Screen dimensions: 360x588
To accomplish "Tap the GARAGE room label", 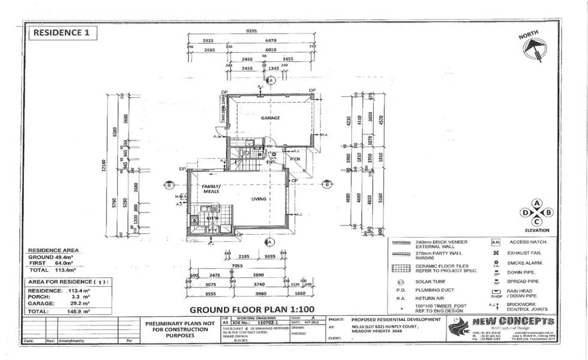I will [x=271, y=118].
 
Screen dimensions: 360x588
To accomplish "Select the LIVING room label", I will [x=259, y=199].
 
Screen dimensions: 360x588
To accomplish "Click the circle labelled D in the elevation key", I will [x=526, y=212].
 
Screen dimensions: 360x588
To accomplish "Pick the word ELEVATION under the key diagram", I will [x=537, y=230].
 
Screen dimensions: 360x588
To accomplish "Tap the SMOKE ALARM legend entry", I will [x=524, y=263].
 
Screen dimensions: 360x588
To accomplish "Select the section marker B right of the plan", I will [x=326, y=184].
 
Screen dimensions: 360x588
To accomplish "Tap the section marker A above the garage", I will [x=271, y=80].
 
